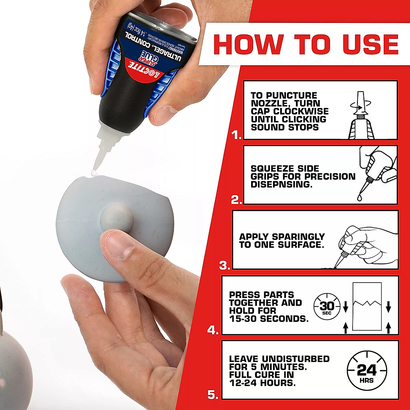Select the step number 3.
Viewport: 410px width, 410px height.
[x=224, y=265]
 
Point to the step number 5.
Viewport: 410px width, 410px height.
[x=213, y=395]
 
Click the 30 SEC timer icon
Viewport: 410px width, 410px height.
[x=327, y=306]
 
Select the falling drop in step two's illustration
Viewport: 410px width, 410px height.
[x=361, y=197]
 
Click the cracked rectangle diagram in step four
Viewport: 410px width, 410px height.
[x=367, y=306]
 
